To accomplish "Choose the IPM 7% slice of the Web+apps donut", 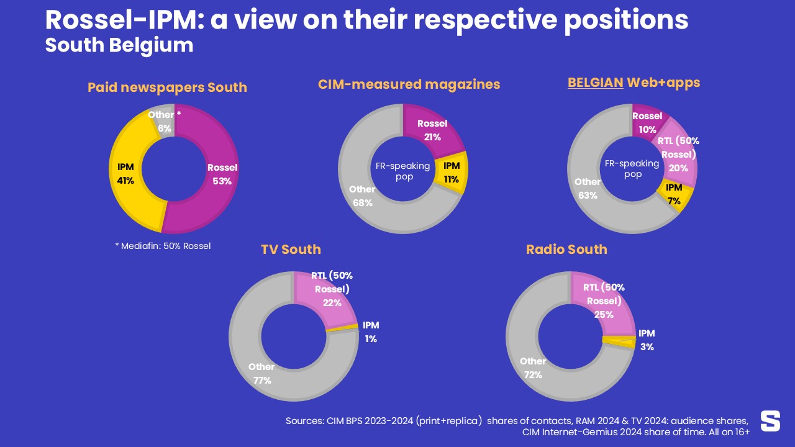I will [672, 196].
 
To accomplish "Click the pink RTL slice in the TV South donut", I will [329, 298].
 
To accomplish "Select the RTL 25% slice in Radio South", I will [604, 304].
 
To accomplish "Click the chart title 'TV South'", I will [291, 250].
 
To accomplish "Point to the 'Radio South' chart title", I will [566, 250].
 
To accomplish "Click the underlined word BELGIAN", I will [595, 83].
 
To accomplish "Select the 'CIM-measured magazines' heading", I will [409, 84].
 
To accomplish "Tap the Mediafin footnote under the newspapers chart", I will [163, 246].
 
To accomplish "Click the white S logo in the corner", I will [770, 420].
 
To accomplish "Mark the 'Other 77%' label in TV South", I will [261, 374].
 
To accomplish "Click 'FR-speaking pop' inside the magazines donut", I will [402, 171].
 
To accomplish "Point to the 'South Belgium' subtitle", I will [119, 46].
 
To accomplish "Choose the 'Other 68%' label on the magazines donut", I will [361, 196].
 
